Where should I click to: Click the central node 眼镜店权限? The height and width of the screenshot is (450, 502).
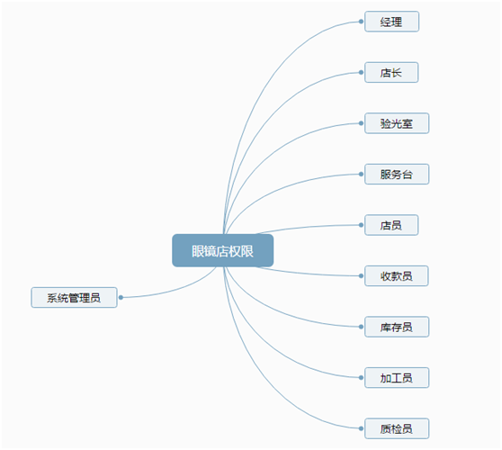pyautogui.click(x=223, y=250)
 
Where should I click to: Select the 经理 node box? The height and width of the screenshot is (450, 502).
pyautogui.click(x=391, y=22)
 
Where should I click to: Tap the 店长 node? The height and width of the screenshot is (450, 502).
pyautogui.click(x=391, y=72)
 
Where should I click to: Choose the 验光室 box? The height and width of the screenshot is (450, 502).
pyautogui.click(x=397, y=123)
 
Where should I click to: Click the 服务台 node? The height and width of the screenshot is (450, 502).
pyautogui.click(x=397, y=175)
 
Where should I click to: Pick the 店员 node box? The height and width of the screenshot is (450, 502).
pyautogui.click(x=391, y=225)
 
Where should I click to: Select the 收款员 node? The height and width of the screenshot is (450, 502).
pyautogui.click(x=397, y=275)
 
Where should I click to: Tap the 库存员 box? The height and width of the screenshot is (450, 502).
pyautogui.click(x=397, y=327)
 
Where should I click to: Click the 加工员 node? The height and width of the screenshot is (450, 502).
pyautogui.click(x=397, y=378)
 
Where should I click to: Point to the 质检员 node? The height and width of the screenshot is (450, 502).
pyautogui.click(x=397, y=428)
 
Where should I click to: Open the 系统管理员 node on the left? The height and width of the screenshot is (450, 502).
pyautogui.click(x=74, y=298)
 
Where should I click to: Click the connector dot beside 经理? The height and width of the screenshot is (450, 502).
pyautogui.click(x=361, y=22)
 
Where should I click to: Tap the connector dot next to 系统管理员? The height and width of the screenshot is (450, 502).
pyautogui.click(x=121, y=298)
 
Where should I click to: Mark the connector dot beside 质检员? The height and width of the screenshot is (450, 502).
pyautogui.click(x=361, y=428)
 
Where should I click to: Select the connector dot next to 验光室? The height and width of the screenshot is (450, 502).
pyautogui.click(x=361, y=123)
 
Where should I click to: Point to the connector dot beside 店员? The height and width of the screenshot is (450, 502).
pyautogui.click(x=361, y=225)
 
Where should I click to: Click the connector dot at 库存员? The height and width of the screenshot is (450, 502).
pyautogui.click(x=361, y=327)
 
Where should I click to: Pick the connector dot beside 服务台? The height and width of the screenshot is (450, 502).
pyautogui.click(x=361, y=175)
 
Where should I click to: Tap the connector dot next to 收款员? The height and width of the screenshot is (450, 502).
pyautogui.click(x=361, y=275)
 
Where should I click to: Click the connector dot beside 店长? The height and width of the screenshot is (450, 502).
pyautogui.click(x=361, y=72)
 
